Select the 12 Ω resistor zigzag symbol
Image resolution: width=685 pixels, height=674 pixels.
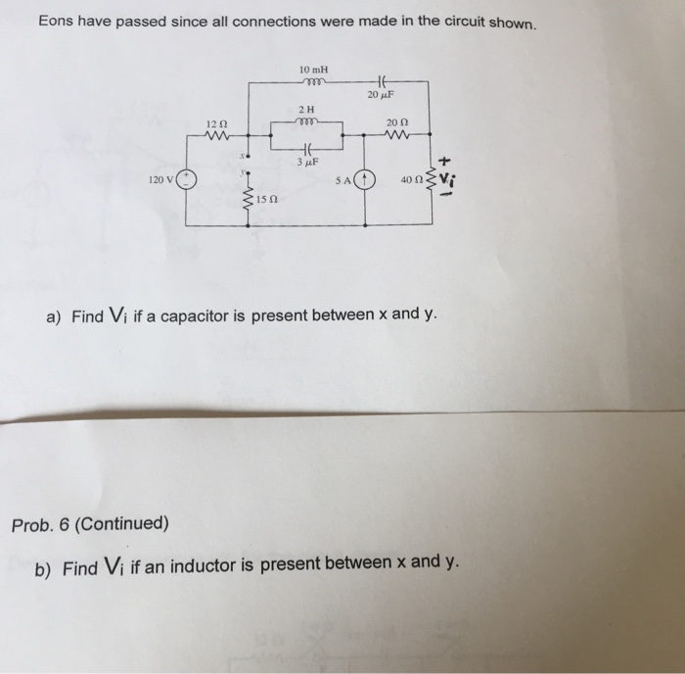point(216,135)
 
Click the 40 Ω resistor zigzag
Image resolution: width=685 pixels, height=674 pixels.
point(428,179)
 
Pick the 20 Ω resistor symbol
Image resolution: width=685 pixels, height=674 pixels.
point(396,135)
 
